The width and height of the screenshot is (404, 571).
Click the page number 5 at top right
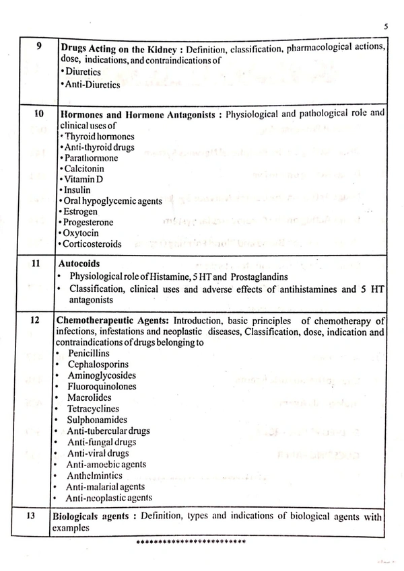[x=384, y=27]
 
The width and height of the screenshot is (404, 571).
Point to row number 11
[x=38, y=264]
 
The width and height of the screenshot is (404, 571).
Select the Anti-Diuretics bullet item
[x=91, y=85]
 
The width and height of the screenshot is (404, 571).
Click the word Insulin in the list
[x=78, y=190]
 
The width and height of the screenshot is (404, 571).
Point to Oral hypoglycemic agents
[x=109, y=200]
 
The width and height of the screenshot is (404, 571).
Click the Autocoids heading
[x=80, y=264]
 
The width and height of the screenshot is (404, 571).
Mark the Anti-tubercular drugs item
[x=108, y=430]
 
